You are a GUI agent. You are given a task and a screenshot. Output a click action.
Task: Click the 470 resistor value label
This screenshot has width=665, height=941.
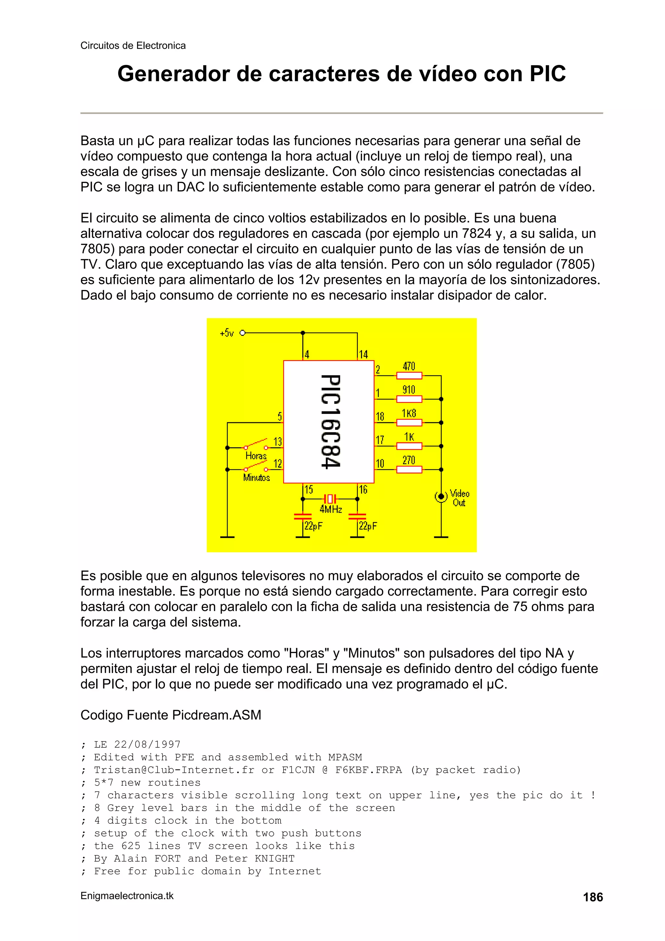(x=408, y=366)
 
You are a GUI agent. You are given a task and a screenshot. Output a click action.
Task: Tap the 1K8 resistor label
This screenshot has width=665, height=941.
(x=408, y=413)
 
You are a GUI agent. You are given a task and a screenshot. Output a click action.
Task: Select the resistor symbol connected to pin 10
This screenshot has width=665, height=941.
(x=409, y=470)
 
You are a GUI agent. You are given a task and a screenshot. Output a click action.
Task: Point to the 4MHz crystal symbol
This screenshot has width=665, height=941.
(x=330, y=499)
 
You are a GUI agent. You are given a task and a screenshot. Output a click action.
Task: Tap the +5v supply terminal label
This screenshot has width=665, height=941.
(x=227, y=333)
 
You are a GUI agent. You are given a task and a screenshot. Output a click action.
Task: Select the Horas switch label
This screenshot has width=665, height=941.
(x=256, y=456)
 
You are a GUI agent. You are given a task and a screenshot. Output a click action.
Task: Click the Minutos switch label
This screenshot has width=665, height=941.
(x=257, y=477)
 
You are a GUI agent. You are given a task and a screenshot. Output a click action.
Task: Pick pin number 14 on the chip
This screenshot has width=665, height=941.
(x=363, y=354)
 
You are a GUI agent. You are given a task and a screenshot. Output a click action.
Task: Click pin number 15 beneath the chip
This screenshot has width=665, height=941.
(x=308, y=490)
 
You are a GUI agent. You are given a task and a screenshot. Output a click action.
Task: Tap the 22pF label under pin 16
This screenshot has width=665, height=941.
(x=368, y=526)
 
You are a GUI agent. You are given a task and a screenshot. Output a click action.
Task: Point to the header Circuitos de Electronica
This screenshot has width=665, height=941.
(x=133, y=45)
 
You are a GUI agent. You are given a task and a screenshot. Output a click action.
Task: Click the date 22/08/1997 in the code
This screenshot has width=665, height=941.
(x=147, y=744)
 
